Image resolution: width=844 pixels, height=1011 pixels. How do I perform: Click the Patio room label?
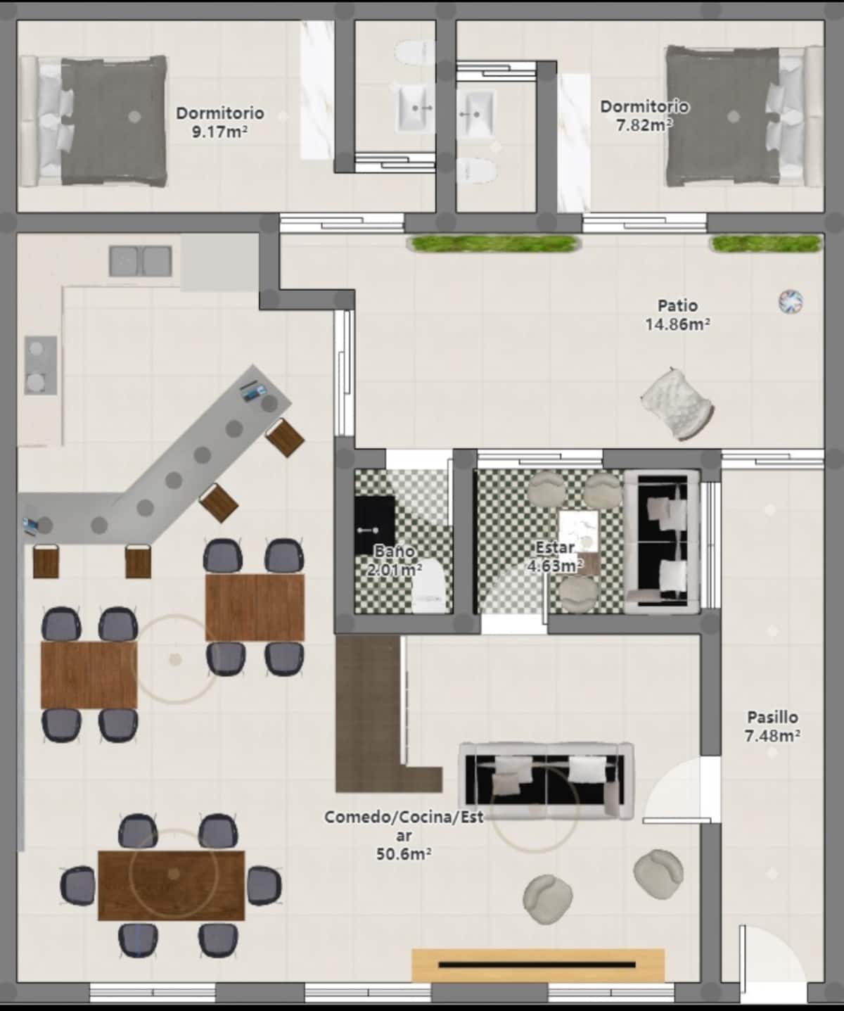[x=677, y=305]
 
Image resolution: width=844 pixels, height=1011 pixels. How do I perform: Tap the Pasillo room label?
[x=772, y=717]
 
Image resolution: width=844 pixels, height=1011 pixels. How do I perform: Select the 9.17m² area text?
[x=220, y=132]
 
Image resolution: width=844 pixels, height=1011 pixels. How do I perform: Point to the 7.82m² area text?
[x=644, y=125]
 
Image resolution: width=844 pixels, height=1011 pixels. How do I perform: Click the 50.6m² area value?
[x=404, y=853]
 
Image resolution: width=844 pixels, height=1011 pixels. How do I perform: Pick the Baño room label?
[x=395, y=551]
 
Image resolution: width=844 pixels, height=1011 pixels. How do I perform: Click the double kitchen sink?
[x=140, y=261]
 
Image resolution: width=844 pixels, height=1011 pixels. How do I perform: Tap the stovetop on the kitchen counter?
[x=41, y=365]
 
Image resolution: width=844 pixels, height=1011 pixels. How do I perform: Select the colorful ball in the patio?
[x=791, y=301]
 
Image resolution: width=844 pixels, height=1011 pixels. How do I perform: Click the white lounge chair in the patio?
[x=677, y=404]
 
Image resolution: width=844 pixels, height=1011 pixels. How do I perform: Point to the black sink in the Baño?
[x=374, y=524]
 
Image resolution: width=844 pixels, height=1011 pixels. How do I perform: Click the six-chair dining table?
[x=172, y=886]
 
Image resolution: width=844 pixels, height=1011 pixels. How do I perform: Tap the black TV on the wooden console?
[x=537, y=965]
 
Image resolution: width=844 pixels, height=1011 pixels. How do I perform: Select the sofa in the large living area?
[x=546, y=780]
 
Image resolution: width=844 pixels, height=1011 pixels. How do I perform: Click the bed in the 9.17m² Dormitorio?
[x=94, y=121]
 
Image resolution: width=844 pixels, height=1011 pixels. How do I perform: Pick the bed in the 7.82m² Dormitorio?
[x=745, y=116]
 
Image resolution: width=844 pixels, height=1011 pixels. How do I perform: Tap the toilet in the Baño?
[x=429, y=587]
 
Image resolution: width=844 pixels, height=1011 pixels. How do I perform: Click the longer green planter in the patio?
[x=492, y=243]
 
